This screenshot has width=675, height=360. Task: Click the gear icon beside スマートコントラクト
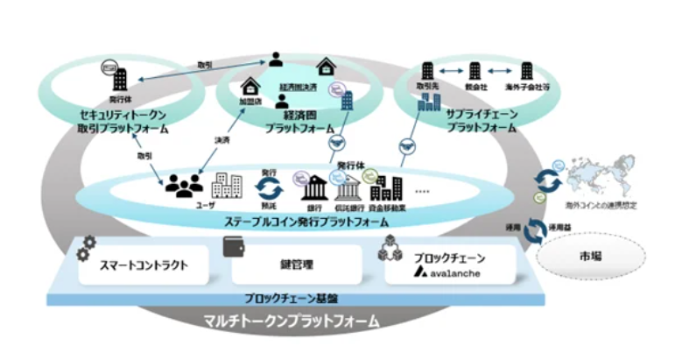pyautogui.click(x=87, y=246)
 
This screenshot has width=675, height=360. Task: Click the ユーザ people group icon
pyautogui.click(x=184, y=185)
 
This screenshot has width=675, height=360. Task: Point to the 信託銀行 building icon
pyautogui.click(x=348, y=186)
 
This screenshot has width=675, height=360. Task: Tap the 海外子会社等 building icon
pyautogui.click(x=528, y=71)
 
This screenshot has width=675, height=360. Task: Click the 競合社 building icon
pyautogui.click(x=475, y=71)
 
